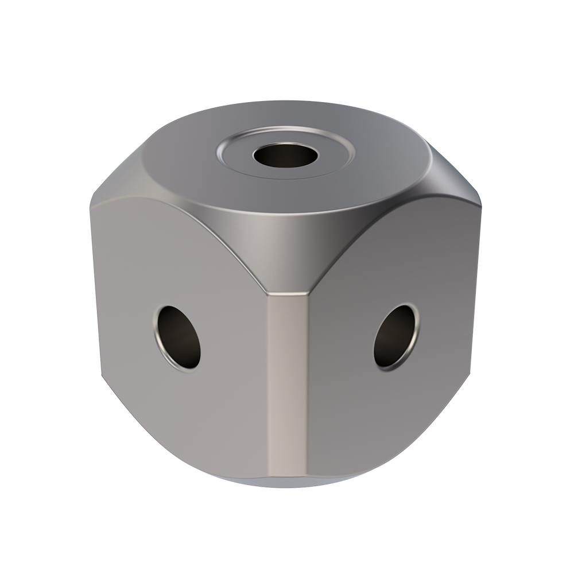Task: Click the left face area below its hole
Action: click(x=184, y=419)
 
